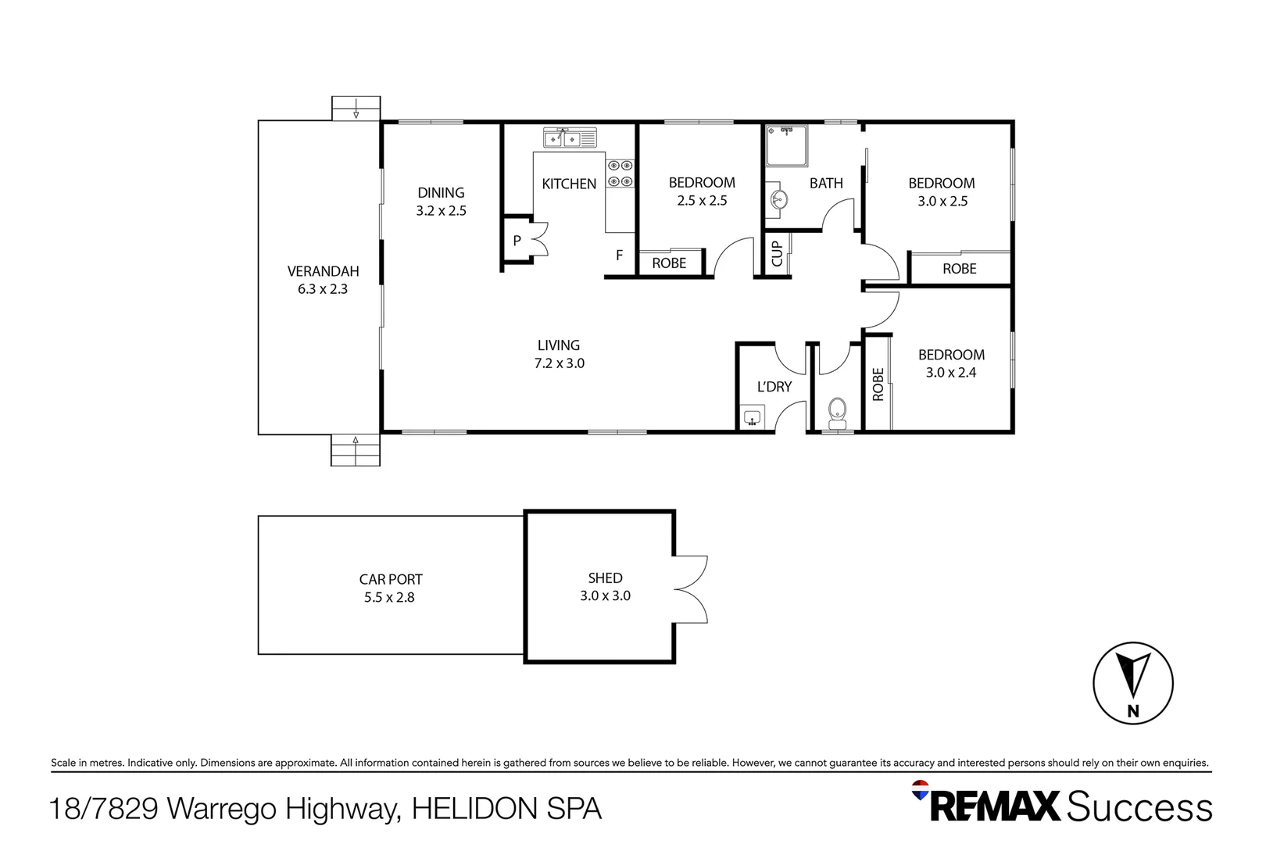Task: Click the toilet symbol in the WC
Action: pyautogui.click(x=837, y=414)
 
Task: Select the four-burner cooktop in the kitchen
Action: pyautogui.click(x=620, y=173)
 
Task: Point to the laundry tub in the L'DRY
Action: pyautogui.click(x=753, y=417)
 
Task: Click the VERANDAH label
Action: pyautogui.click(x=324, y=271)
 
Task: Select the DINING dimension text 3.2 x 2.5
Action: pyautogui.click(x=442, y=211)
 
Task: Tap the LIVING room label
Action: pyautogui.click(x=559, y=345)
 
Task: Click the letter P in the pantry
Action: pyautogui.click(x=517, y=241)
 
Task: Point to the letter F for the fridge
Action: pyautogui.click(x=620, y=255)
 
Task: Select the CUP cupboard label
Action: pyautogui.click(x=777, y=254)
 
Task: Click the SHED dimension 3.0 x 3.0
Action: pyautogui.click(x=606, y=595)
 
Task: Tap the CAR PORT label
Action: pyautogui.click(x=391, y=579)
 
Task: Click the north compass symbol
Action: pyautogui.click(x=1133, y=683)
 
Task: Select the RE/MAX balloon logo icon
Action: pyautogui.click(x=920, y=790)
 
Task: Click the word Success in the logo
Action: pyautogui.click(x=1139, y=806)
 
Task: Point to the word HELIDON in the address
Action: pyautogui.click(x=474, y=808)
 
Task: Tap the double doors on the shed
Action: pyautogui.click(x=691, y=589)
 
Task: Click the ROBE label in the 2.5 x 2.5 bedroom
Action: pyautogui.click(x=669, y=263)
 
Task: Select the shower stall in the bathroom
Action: pyautogui.click(x=787, y=146)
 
